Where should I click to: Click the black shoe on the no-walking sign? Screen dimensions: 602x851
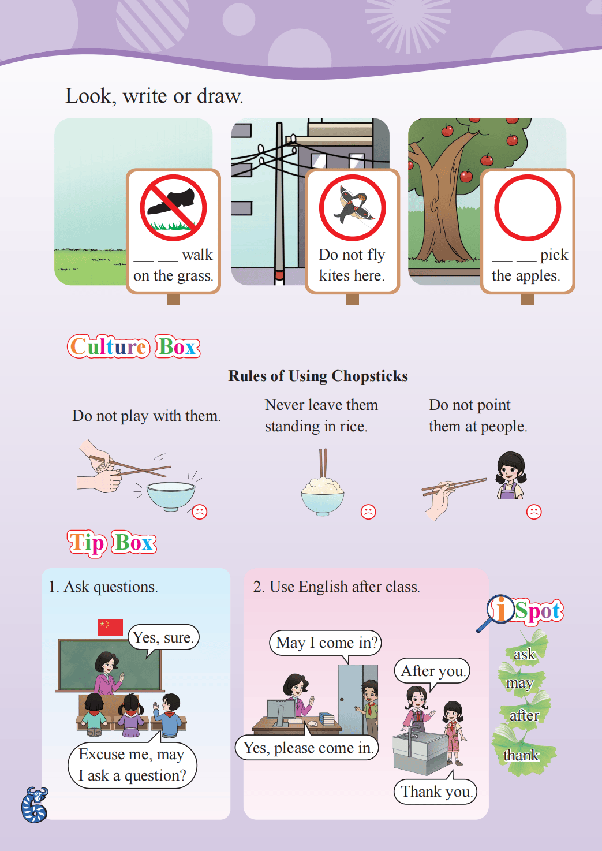pos(171,201)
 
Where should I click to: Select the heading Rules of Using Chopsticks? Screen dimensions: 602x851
pos(318,376)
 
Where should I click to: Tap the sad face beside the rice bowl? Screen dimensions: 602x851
pos(368,512)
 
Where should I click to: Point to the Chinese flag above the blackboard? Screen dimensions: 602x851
pos(110,627)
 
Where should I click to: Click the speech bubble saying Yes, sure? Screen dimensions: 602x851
pos(163,639)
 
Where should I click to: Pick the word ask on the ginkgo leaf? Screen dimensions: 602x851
pos(525,655)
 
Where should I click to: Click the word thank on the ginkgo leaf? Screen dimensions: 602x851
pos(521,755)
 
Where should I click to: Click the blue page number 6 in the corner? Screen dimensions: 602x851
pos(35,805)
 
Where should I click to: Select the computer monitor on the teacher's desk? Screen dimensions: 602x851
pos(281,712)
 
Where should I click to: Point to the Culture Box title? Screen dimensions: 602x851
pos(134,346)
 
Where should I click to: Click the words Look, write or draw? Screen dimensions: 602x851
pos(154,96)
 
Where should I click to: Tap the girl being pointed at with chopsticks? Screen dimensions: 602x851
pos(510,475)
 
